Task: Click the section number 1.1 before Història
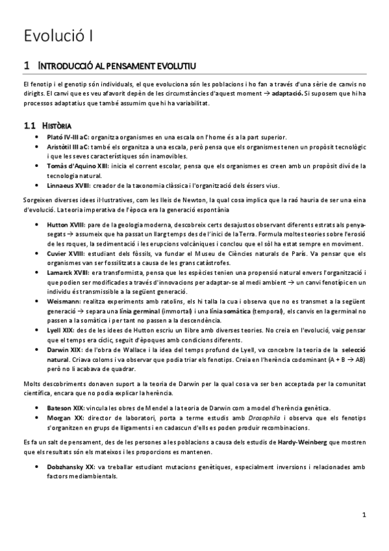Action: [x=29, y=125]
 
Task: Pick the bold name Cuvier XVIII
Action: [x=66, y=253]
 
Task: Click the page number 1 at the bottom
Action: [x=365, y=515]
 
